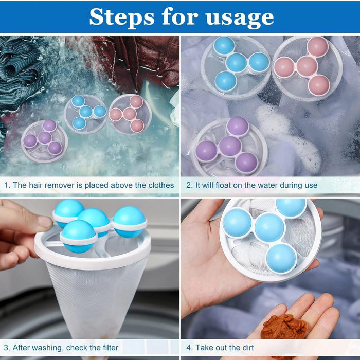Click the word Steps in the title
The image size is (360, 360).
tap(121, 17)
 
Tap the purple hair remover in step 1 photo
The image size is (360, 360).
tap(44, 138)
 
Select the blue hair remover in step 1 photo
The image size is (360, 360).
tap(85, 112)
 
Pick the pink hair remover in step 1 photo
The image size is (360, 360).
tap(130, 114)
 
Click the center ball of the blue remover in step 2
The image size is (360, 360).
tap(236, 62)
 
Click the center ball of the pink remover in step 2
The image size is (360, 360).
tap(307, 66)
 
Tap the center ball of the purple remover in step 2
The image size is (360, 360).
tap(230, 146)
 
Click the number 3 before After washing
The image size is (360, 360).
tap(7, 348)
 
